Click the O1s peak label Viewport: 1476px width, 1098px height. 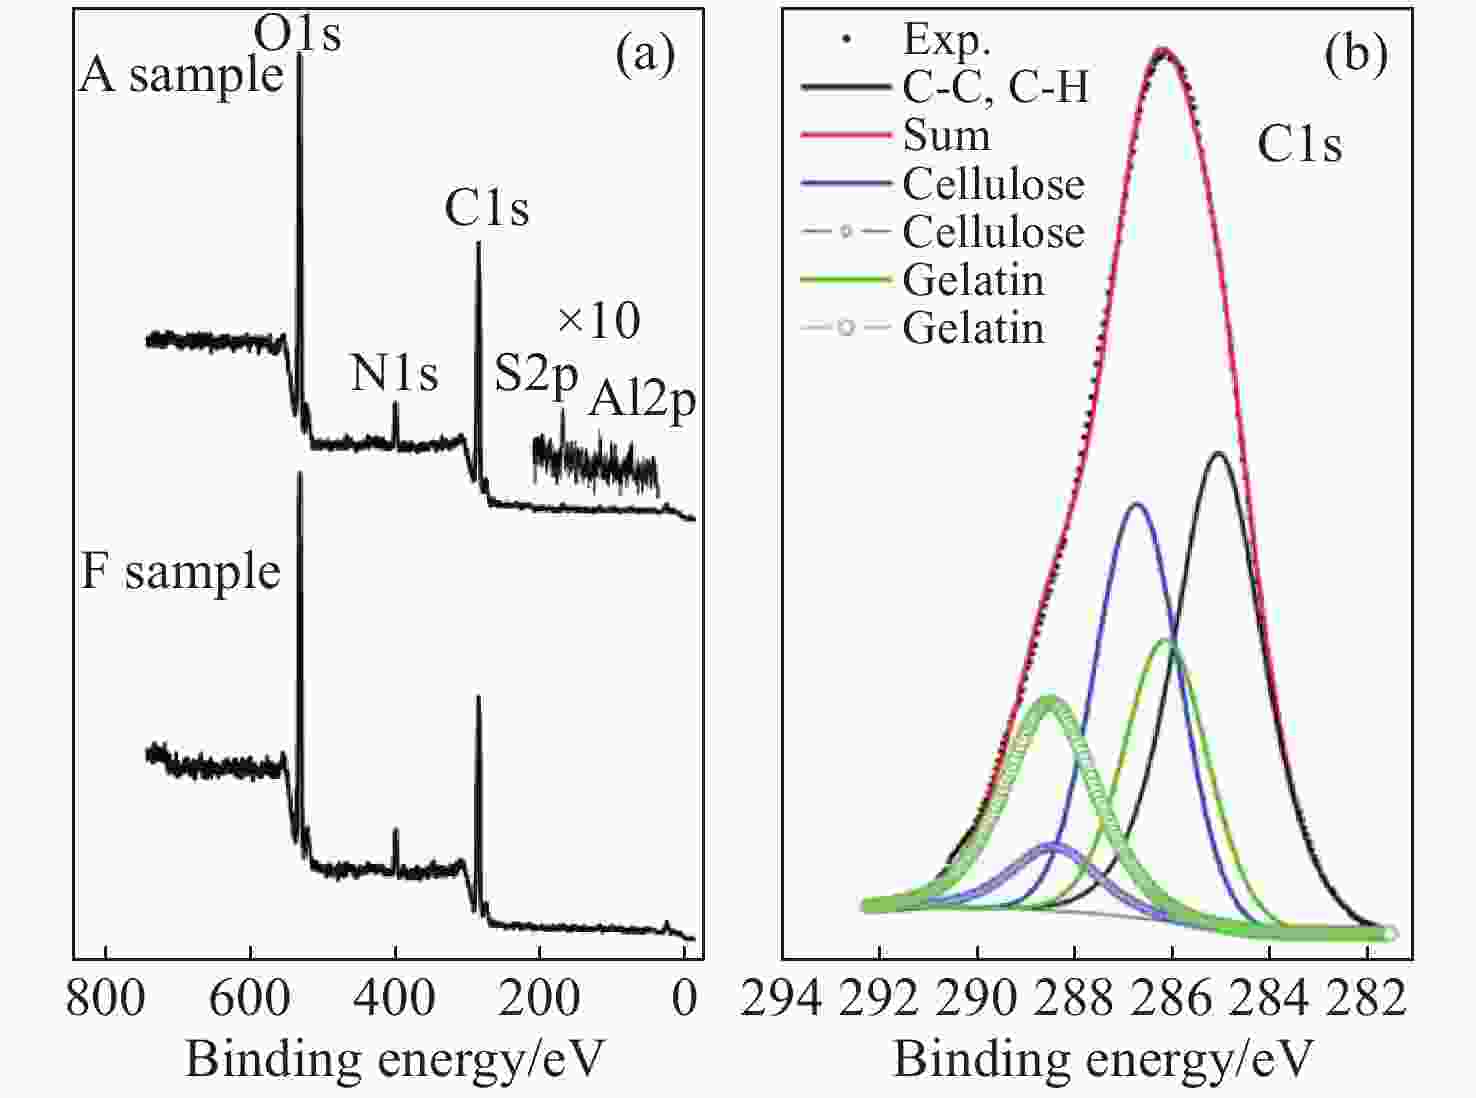pos(297,34)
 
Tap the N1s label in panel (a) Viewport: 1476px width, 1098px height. pos(394,374)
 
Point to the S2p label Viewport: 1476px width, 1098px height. pos(536,375)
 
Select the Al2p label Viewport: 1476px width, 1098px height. pos(642,400)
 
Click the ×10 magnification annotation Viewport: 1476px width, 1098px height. pos(598,321)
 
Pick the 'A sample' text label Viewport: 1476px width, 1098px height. pos(181,75)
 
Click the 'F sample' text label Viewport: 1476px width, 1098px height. pos(180,572)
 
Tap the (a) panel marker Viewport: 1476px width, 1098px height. pos(645,55)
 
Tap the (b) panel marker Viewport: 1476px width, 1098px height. pos(1355,55)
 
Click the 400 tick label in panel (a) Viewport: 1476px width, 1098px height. pos(395,998)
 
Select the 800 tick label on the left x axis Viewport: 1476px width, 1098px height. pos(105,998)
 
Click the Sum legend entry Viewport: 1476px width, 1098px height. pos(946,135)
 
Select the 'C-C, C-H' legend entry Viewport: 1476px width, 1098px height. pos(995,87)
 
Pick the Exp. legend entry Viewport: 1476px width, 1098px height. pos(946,39)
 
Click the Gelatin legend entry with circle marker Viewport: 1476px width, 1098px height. pos(973,328)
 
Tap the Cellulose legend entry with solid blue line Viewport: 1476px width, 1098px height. pos(993,184)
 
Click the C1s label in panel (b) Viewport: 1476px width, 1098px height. pos(1299,145)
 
